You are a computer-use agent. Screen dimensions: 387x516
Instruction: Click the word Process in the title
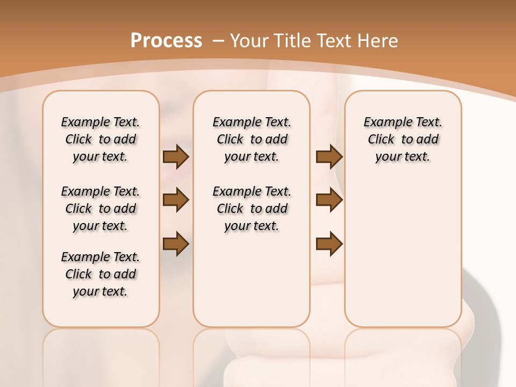click(x=166, y=41)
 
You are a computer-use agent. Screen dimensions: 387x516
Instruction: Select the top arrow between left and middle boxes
click(x=176, y=156)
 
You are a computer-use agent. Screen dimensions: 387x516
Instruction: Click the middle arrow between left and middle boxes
click(x=176, y=200)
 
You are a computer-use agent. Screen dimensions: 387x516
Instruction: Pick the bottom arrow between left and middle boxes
click(x=176, y=243)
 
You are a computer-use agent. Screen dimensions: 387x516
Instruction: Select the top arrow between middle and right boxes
click(x=329, y=156)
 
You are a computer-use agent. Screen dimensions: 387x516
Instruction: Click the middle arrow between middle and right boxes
click(x=329, y=200)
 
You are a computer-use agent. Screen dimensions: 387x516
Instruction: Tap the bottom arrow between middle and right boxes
click(x=329, y=243)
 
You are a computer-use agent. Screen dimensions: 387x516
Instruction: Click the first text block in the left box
click(x=101, y=139)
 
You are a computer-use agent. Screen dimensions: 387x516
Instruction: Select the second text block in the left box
click(x=101, y=209)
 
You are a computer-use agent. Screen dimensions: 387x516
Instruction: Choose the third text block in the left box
click(x=101, y=274)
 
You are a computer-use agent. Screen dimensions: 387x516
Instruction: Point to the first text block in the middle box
click(x=252, y=139)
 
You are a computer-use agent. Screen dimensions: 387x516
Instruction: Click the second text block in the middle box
click(x=252, y=209)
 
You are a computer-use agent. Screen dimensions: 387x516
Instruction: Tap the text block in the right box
click(x=403, y=139)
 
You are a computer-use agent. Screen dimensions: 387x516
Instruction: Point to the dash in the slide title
click(x=218, y=41)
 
